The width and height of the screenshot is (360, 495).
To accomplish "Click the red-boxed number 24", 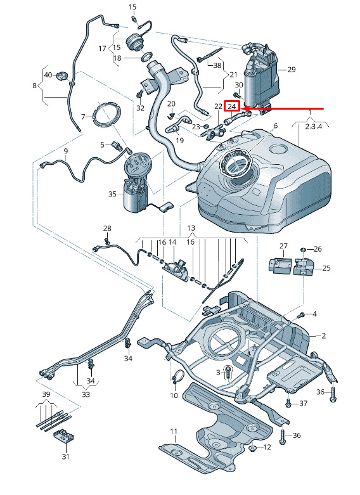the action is (232, 106).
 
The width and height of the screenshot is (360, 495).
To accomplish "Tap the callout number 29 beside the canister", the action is (291, 69).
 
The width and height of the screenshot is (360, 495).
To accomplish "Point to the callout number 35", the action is (112, 194).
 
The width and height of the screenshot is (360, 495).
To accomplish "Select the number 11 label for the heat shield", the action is (174, 431).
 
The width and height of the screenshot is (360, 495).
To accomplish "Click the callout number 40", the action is (48, 75).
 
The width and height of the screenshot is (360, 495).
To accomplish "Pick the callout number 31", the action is (65, 456).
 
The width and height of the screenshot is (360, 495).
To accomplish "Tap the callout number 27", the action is (283, 246).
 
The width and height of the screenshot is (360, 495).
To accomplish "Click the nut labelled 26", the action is (302, 249).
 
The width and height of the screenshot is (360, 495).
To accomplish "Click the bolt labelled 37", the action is (288, 403).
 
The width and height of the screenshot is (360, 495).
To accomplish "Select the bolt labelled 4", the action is (301, 315).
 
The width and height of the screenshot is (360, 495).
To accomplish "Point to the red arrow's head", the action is (245, 109).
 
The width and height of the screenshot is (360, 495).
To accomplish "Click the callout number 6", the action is (275, 125).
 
